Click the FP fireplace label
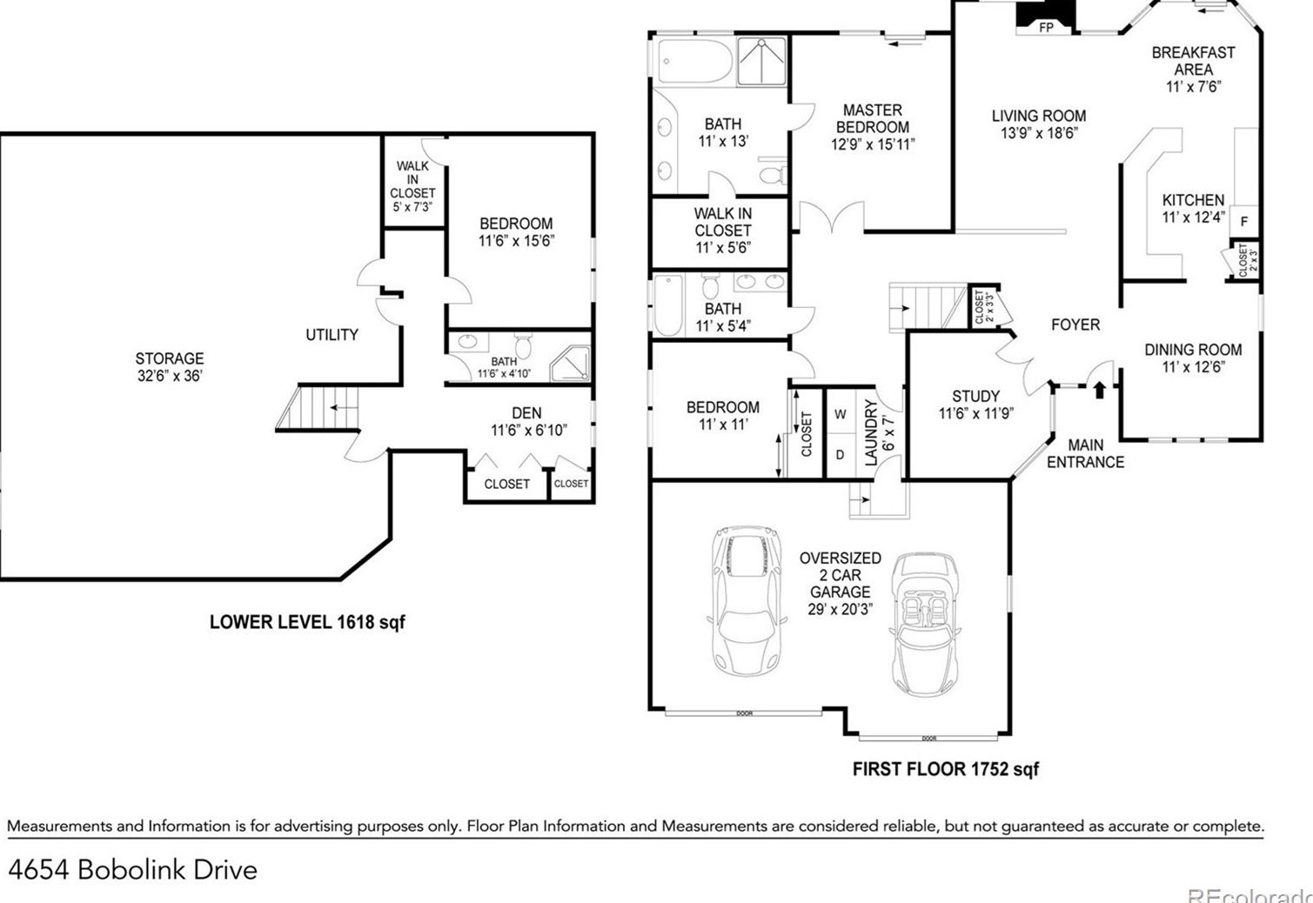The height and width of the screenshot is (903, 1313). tap(1046, 28)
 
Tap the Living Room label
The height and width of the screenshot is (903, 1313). tap(1039, 124)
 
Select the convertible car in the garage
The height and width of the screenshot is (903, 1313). tap(925, 624)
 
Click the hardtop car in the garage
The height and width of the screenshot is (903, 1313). tap(746, 600)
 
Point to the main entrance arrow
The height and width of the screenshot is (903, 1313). tap(1099, 389)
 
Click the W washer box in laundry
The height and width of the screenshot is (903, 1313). tap(840, 415)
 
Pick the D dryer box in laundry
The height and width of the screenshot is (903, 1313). tap(840, 455)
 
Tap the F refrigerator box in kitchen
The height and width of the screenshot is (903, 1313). tap(1244, 222)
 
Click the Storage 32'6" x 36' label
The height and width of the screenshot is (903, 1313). tap(170, 367)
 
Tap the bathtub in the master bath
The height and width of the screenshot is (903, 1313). tap(694, 61)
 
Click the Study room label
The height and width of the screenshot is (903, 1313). tap(975, 405)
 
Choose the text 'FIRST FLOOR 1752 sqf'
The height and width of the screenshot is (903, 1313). tap(945, 769)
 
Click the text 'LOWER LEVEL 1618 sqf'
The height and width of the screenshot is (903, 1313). tap(307, 622)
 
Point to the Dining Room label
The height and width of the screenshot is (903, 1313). tap(1193, 358)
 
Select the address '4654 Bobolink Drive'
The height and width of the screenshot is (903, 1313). tap(133, 870)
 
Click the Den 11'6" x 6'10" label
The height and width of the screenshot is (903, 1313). tap(527, 421)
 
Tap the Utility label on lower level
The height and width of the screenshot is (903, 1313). tap(332, 335)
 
